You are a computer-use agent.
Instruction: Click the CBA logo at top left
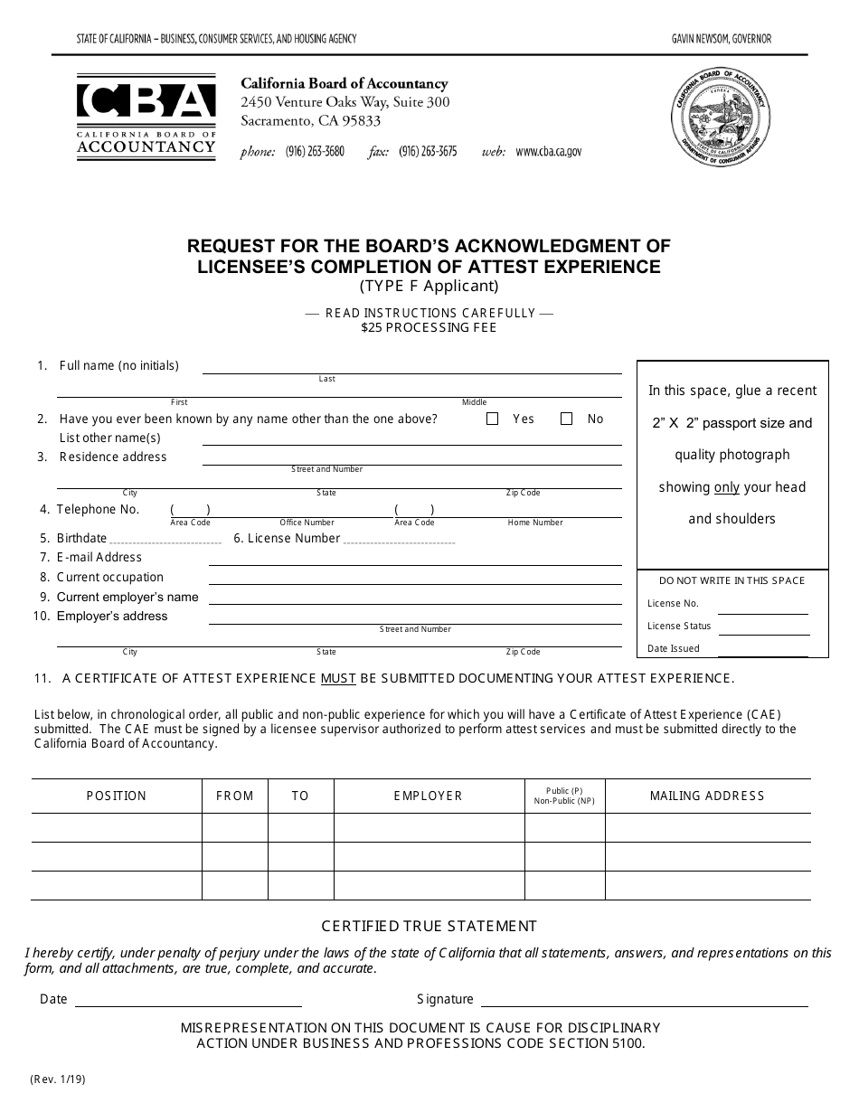[146, 116]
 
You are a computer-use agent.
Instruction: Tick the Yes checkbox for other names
[493, 419]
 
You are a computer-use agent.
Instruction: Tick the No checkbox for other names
[567, 419]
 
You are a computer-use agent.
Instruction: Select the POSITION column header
[116, 796]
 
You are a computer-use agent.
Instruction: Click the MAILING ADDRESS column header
[707, 796]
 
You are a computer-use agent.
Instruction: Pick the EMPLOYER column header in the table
[428, 796]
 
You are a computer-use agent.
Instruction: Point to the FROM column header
[235, 796]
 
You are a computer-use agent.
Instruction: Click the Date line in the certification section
[188, 1004]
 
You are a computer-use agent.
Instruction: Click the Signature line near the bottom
[645, 1004]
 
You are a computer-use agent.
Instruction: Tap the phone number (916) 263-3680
[315, 152]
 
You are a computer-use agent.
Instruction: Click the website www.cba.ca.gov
[548, 152]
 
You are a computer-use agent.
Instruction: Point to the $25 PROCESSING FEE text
[429, 328]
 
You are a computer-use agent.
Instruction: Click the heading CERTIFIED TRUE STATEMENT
[429, 926]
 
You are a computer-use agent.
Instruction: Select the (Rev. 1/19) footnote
[59, 1079]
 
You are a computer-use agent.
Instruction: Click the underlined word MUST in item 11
[338, 678]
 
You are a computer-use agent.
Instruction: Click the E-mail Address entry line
[415, 562]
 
